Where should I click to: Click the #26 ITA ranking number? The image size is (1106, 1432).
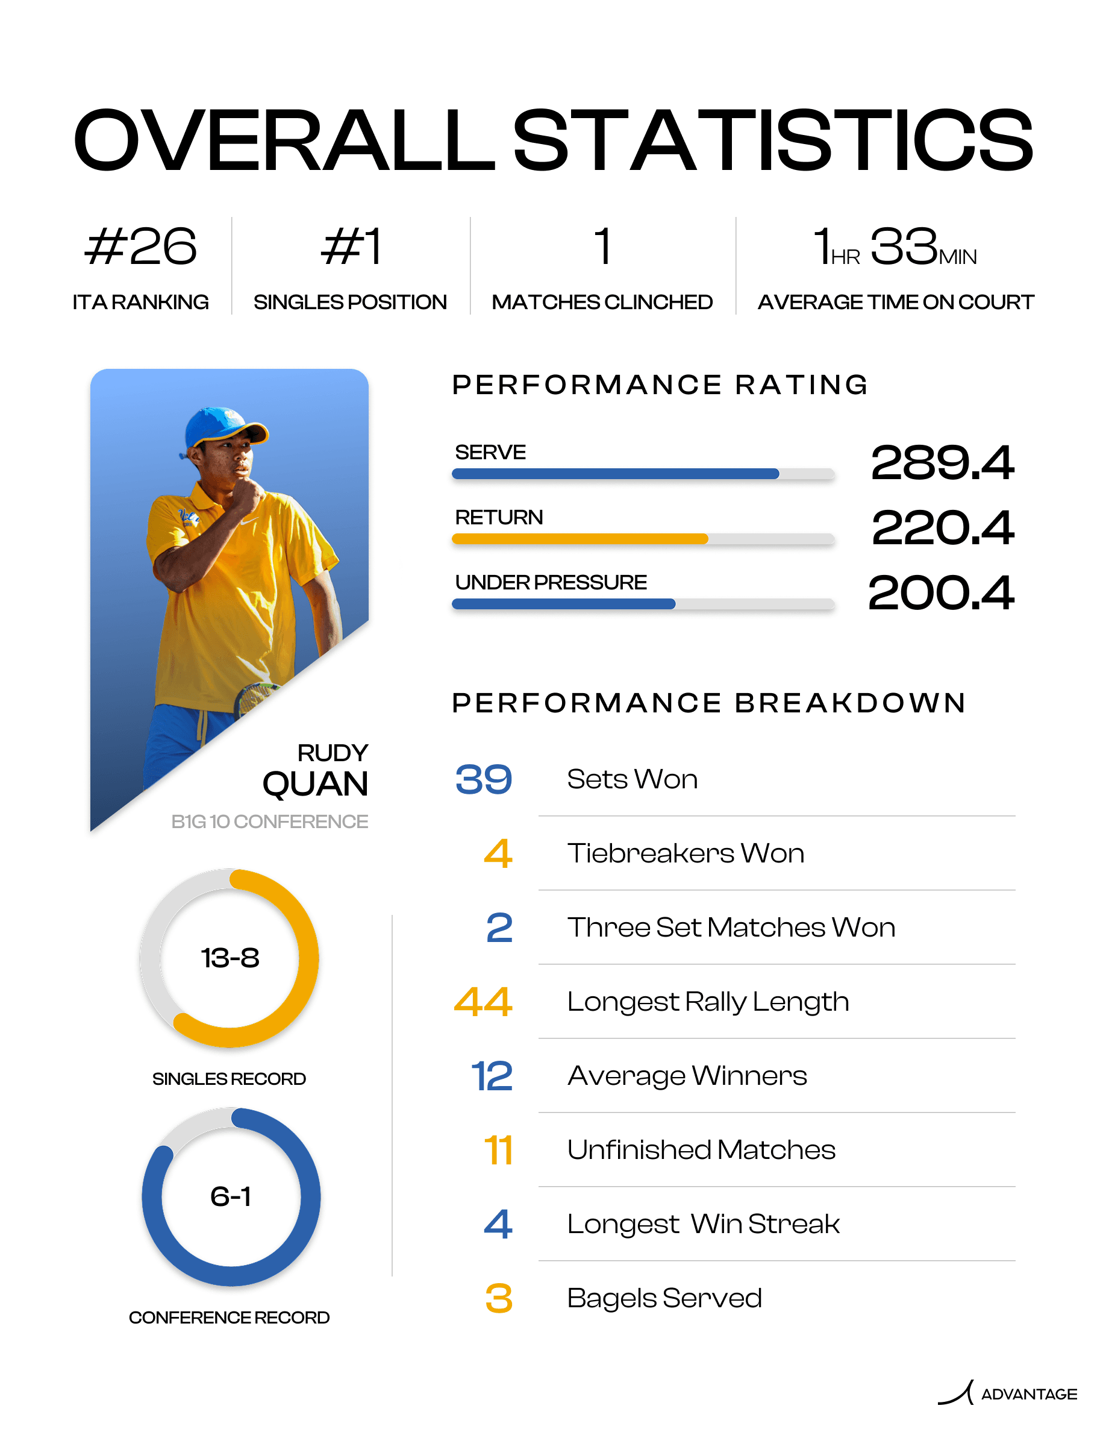pyautogui.click(x=141, y=247)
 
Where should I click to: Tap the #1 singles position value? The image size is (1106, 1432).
pyautogui.click(x=351, y=247)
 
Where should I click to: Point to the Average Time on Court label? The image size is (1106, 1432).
pyautogui.click(x=896, y=303)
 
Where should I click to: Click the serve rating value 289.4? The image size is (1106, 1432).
pyautogui.click(x=942, y=463)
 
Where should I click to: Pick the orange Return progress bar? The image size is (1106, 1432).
pyautogui.click(x=580, y=539)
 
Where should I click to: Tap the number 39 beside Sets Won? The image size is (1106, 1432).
pyautogui.click(x=484, y=780)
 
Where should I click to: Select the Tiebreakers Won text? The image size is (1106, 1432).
pyautogui.click(x=686, y=853)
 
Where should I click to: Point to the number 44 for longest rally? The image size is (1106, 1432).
pyautogui.click(x=483, y=1002)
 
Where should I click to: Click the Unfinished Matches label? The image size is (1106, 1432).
pyautogui.click(x=701, y=1150)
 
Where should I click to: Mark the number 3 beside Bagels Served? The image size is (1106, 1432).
pyautogui.click(x=499, y=1298)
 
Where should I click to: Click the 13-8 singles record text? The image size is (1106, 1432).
pyautogui.click(x=230, y=958)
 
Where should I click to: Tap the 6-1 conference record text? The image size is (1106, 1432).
pyautogui.click(x=231, y=1196)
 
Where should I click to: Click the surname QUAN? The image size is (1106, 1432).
pyautogui.click(x=315, y=784)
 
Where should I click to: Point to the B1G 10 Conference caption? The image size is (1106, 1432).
pyautogui.click(x=269, y=821)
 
